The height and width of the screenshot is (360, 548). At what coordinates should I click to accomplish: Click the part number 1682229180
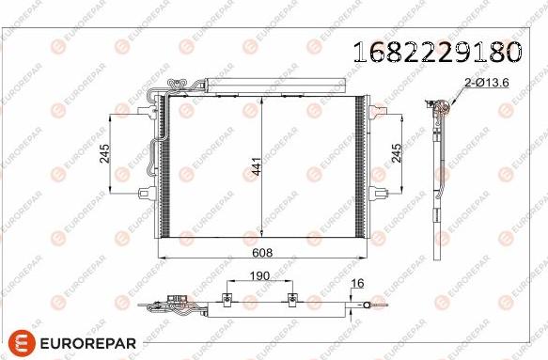(437, 52)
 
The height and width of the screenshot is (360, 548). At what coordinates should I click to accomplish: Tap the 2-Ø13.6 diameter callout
(487, 83)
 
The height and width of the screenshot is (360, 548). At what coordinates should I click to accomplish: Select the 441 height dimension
(257, 166)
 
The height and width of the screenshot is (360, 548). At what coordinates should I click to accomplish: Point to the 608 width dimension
(262, 252)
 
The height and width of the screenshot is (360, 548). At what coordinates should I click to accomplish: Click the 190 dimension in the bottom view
(259, 275)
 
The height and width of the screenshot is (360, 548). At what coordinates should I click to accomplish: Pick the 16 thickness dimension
(357, 283)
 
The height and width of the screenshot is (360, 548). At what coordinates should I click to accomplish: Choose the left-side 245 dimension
(104, 153)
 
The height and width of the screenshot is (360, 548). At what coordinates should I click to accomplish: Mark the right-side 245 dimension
(397, 153)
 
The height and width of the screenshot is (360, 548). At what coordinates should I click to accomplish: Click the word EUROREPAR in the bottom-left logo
(88, 343)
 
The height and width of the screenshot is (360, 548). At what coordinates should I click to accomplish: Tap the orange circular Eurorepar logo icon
(22, 342)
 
